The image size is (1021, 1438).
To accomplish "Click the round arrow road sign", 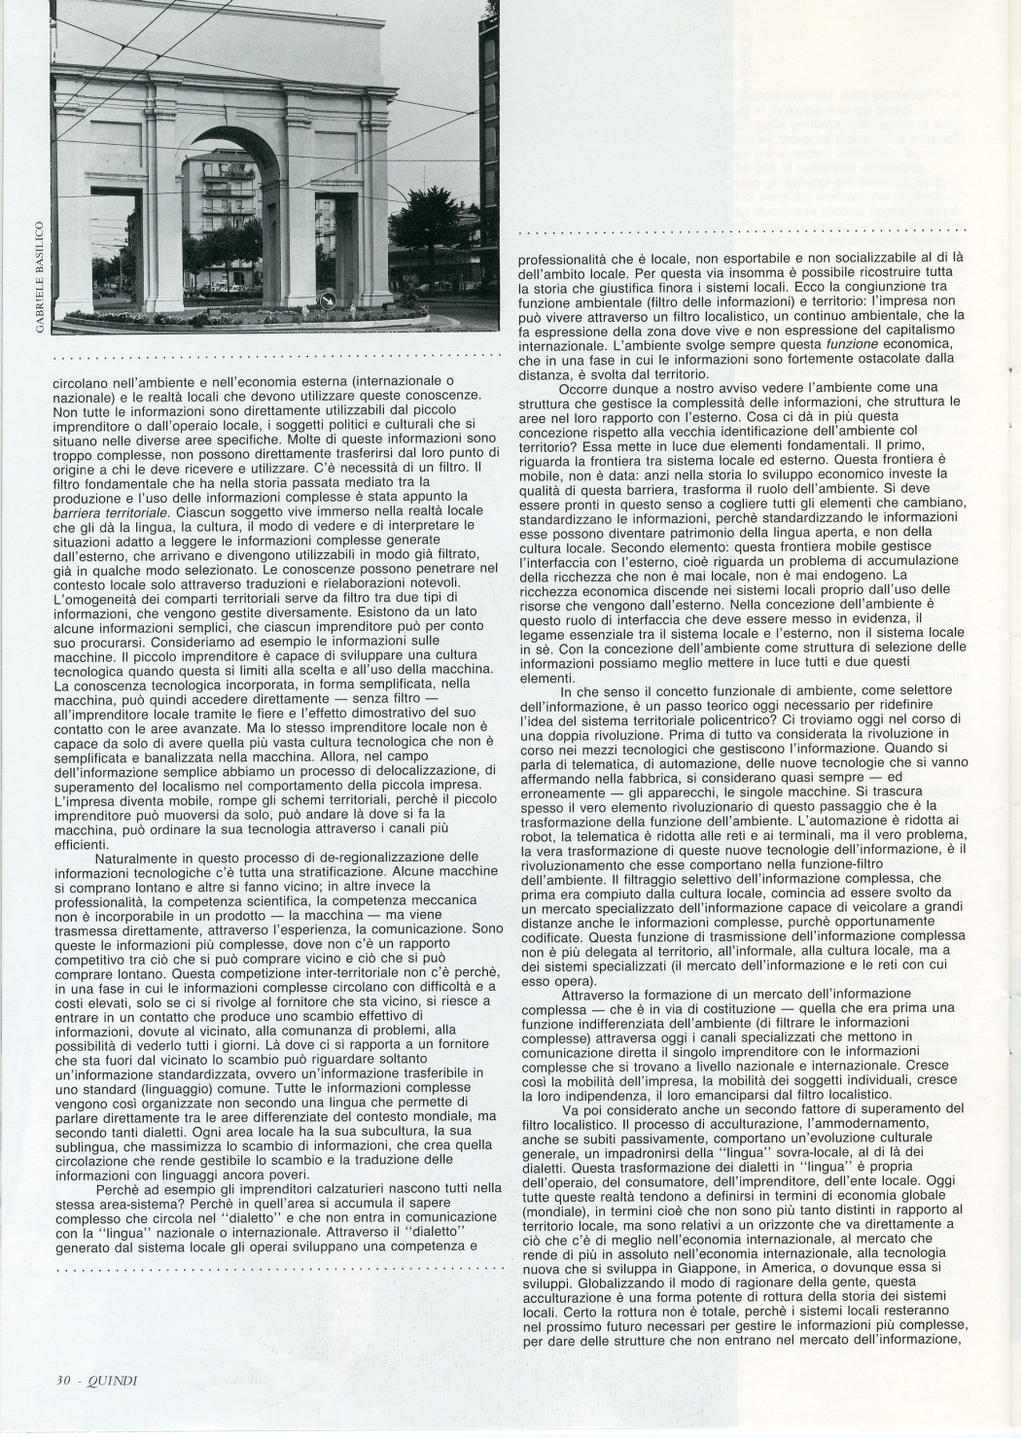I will click(x=328, y=300).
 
